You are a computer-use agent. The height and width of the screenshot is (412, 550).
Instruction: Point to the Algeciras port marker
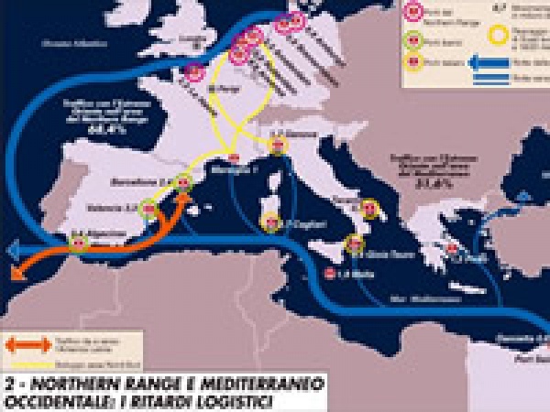click(81, 244)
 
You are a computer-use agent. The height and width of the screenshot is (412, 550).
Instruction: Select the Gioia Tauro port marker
click(354, 244)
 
